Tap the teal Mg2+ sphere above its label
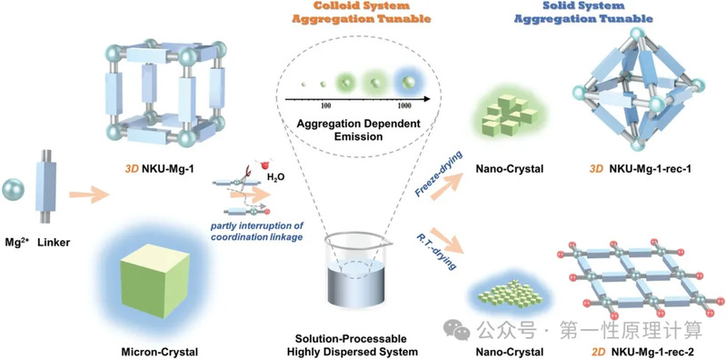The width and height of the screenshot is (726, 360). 13,190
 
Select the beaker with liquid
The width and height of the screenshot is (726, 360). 356,269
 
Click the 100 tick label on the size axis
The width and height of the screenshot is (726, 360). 325,105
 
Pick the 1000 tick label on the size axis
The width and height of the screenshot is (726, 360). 403,105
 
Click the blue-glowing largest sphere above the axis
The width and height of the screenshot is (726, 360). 408,82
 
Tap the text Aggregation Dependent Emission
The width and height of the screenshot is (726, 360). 359,130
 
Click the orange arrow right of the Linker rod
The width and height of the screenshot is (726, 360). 88,195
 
